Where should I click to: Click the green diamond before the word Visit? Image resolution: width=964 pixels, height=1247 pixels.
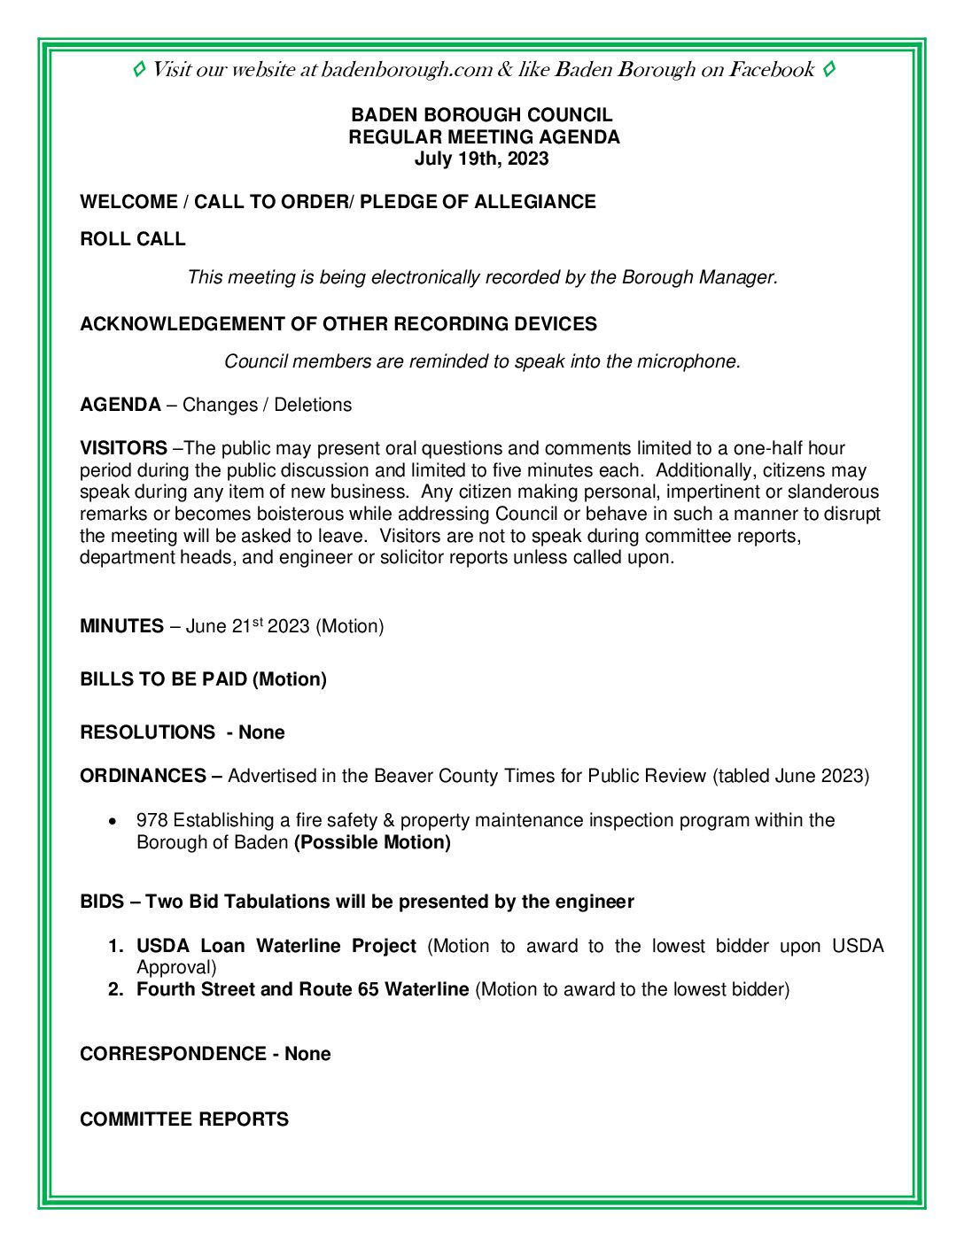(x=139, y=69)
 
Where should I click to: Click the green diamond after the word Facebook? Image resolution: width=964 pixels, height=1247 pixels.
(x=828, y=69)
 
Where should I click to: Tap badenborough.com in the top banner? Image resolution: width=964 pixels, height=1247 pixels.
(x=407, y=70)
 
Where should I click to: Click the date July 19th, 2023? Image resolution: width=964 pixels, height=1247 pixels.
(x=481, y=159)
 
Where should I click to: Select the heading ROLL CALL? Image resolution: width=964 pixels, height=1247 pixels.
(x=133, y=239)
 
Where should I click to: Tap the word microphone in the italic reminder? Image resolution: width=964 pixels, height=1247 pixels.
(x=687, y=361)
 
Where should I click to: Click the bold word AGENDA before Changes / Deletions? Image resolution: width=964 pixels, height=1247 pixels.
(x=120, y=405)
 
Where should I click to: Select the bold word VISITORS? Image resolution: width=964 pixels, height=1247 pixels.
(x=123, y=448)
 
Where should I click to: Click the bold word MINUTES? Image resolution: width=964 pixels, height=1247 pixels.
(x=121, y=626)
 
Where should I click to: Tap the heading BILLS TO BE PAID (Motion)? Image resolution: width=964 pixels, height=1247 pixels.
(x=203, y=679)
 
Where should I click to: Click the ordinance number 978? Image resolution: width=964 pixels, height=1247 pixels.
(x=152, y=820)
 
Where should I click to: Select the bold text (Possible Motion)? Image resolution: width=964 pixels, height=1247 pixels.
(x=372, y=842)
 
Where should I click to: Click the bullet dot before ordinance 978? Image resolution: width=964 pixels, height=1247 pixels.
(x=112, y=821)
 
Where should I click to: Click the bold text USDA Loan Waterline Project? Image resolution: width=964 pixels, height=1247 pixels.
(x=276, y=946)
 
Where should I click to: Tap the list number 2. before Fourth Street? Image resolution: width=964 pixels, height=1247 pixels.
(x=116, y=989)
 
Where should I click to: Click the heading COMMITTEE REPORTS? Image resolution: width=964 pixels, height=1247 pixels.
(x=184, y=1119)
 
